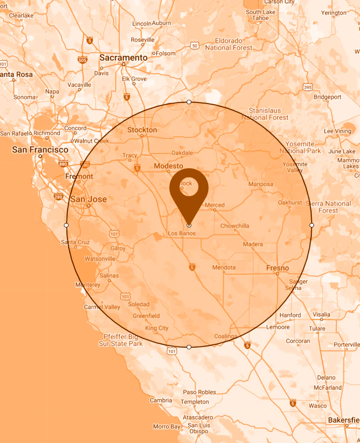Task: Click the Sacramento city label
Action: (124, 58)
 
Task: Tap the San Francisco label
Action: (40, 150)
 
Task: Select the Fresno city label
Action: (277, 268)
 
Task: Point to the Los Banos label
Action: (182, 234)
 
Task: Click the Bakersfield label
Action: (344, 420)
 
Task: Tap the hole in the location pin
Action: (189, 188)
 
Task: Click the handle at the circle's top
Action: (189, 102)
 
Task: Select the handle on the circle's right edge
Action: (312, 225)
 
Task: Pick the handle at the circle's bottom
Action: (189, 347)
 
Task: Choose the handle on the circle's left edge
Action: (66, 225)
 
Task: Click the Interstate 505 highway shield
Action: (82, 60)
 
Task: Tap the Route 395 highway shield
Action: (307, 87)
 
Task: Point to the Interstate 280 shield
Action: (59, 196)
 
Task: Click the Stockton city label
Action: (142, 130)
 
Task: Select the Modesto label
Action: (168, 166)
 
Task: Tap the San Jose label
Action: (89, 199)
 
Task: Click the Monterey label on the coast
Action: (88, 285)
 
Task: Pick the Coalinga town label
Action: (225, 336)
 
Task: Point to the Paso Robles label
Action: (199, 392)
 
